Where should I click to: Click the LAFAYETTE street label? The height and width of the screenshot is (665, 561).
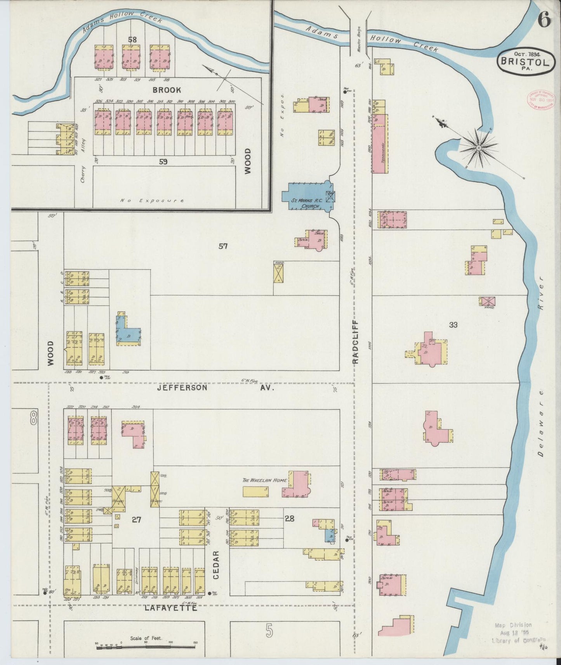coord(170,608)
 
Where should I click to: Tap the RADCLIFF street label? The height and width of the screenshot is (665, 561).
coord(356,342)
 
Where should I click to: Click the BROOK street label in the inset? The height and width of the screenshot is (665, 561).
coord(167,90)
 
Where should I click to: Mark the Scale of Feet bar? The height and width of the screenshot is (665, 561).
coord(146,646)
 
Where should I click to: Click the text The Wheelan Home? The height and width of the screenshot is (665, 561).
coord(264,480)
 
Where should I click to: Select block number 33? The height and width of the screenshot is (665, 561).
coord(453,325)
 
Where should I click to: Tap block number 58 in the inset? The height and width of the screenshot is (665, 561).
coord(132,40)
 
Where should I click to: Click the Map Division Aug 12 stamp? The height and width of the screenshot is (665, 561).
coord(513,632)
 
